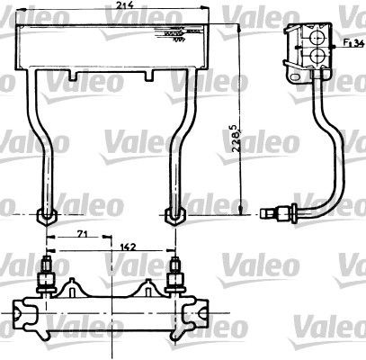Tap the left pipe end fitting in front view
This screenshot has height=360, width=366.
[46, 217]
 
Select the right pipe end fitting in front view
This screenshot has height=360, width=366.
[174, 216]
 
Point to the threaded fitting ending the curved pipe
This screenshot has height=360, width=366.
[270, 214]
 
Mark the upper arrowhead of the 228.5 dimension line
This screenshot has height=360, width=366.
[240, 29]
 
